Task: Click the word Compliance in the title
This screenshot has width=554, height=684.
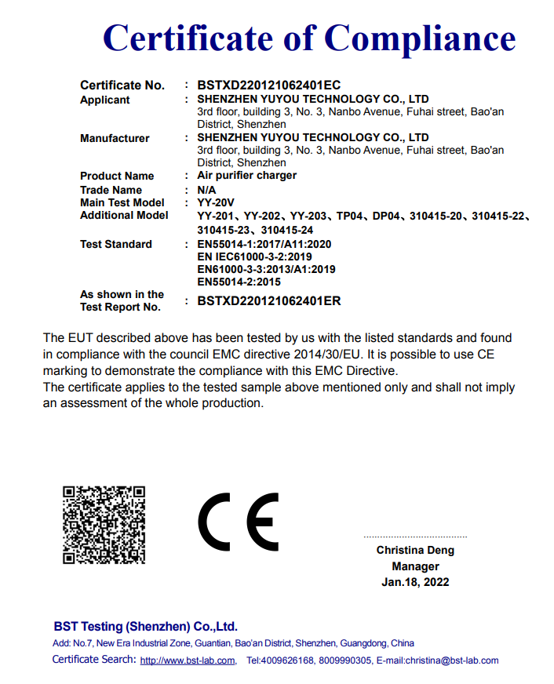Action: click(x=420, y=38)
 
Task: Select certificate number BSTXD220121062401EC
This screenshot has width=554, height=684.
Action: click(x=268, y=85)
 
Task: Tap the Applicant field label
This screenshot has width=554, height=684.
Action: click(x=105, y=100)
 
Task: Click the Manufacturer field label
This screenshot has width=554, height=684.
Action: click(x=115, y=138)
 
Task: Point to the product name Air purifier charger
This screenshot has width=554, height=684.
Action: click(x=246, y=175)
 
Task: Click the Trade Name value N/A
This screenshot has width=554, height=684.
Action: click(x=206, y=190)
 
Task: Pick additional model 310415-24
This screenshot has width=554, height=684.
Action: click(x=287, y=230)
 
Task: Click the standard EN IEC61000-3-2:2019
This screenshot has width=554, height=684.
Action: click(x=255, y=256)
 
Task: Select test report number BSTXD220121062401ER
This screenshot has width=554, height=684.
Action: click(x=269, y=300)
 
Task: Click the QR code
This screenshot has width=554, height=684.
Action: click(x=104, y=524)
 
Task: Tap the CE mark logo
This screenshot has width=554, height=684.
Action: click(x=238, y=522)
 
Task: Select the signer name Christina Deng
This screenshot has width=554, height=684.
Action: click(x=415, y=551)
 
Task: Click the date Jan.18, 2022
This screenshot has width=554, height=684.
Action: click(x=415, y=582)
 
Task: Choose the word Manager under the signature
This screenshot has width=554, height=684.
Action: click(x=415, y=566)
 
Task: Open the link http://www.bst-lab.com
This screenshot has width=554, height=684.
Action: click(x=188, y=660)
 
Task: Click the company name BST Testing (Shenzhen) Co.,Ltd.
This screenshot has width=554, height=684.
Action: click(x=145, y=627)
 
